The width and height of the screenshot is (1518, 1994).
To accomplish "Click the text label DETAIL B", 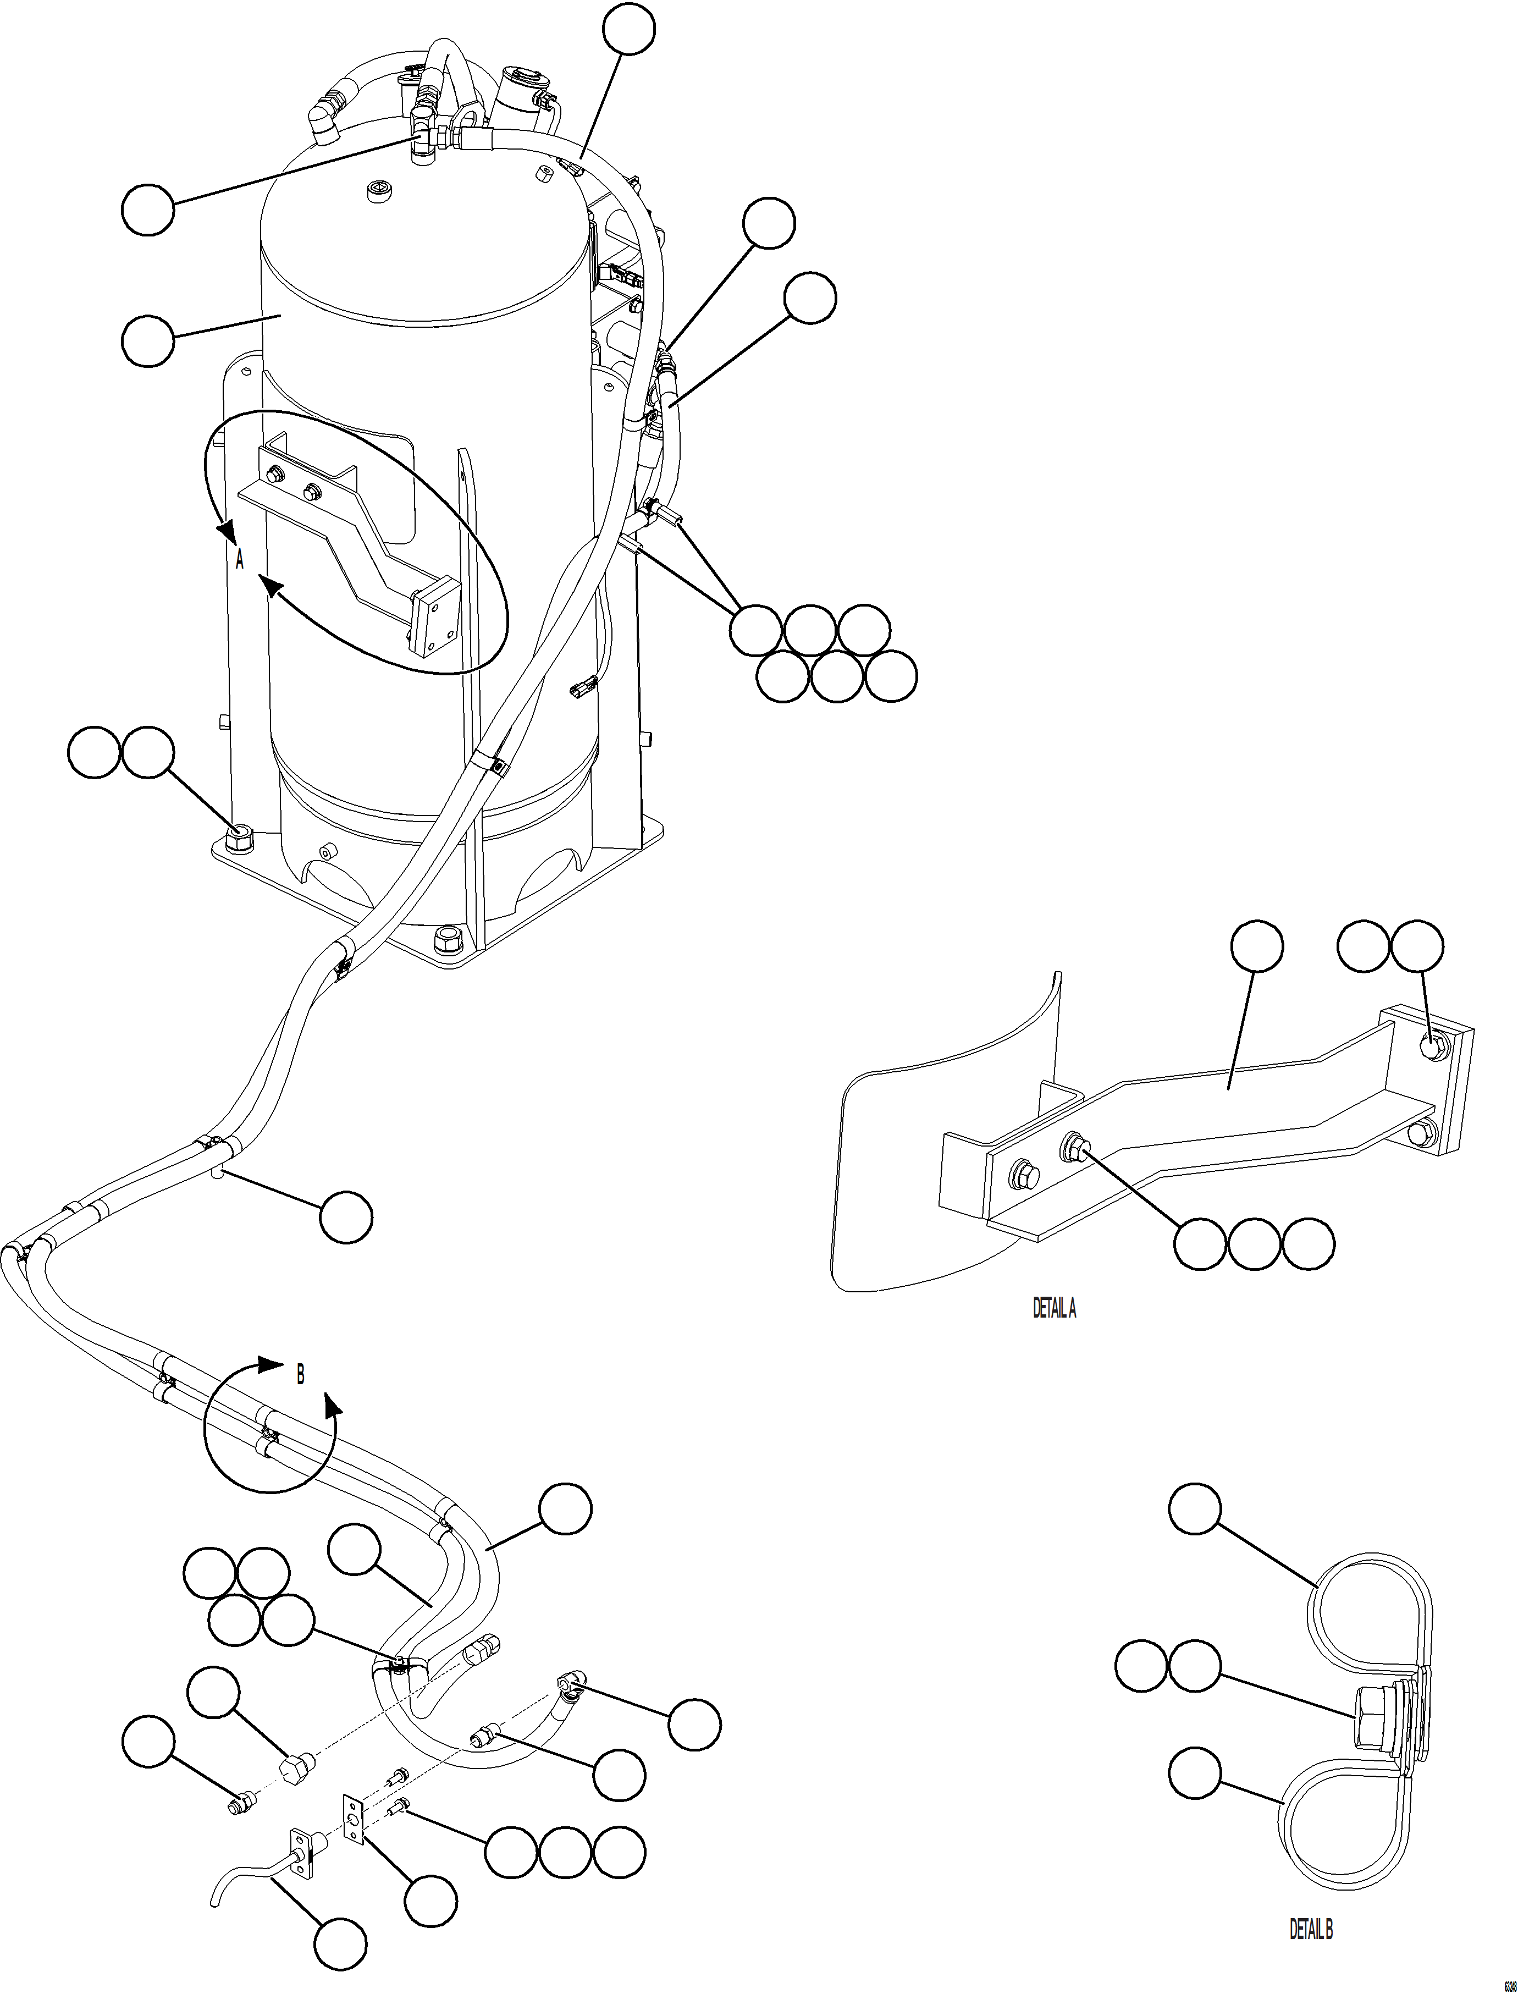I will pos(1310,1928).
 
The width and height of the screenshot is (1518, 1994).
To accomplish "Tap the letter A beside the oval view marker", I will pos(240,560).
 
